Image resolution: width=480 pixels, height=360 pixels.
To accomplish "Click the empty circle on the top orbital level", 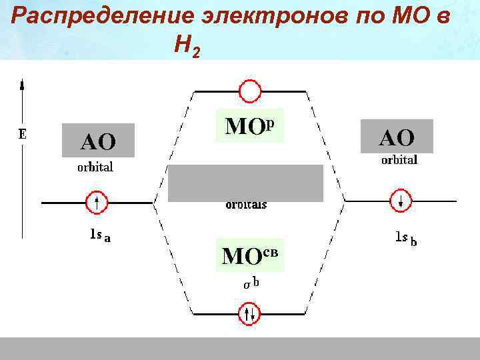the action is click(x=250, y=91).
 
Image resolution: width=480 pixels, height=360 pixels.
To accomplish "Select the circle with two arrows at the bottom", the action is click(x=250, y=313).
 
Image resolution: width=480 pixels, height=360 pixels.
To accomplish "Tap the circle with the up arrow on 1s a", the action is click(x=97, y=201).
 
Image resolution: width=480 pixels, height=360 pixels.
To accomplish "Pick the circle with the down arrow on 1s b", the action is click(x=401, y=201).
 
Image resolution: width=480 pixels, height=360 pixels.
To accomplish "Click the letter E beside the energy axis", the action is click(x=22, y=133).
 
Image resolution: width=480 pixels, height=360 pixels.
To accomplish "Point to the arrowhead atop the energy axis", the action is click(x=23, y=84).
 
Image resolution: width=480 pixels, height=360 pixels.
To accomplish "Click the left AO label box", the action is click(x=98, y=140).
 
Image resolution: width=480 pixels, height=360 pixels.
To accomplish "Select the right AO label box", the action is click(x=397, y=137).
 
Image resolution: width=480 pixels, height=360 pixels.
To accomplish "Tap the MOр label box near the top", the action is click(x=250, y=125).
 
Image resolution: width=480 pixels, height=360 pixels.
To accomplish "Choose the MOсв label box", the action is click(x=250, y=255).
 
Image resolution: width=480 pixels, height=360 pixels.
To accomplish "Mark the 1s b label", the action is click(x=406, y=238).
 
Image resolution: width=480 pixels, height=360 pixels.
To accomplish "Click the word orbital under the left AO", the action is click(x=95, y=167).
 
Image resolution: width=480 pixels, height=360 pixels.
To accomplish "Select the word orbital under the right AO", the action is click(x=399, y=160).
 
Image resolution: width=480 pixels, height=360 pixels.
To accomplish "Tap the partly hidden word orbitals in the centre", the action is click(x=246, y=205).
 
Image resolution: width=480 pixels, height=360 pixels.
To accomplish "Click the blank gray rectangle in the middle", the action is click(x=245, y=182).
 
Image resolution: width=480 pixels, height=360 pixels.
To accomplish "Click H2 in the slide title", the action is click(x=186, y=45).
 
